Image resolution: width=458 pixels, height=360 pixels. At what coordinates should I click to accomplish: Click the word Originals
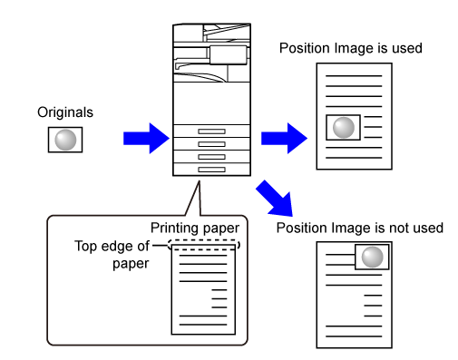click(65, 112)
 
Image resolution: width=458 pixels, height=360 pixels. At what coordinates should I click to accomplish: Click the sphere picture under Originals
click(65, 140)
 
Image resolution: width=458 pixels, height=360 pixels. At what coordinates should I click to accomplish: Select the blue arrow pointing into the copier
click(146, 139)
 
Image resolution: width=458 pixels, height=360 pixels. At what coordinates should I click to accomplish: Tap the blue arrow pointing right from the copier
click(284, 139)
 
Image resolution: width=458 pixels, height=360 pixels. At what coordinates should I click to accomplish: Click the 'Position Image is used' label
click(351, 48)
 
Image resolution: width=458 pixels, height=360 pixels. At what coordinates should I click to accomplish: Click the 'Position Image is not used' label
click(360, 228)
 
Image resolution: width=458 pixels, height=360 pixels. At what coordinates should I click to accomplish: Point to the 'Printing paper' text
click(195, 229)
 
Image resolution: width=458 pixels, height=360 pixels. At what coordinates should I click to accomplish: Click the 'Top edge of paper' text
click(112, 255)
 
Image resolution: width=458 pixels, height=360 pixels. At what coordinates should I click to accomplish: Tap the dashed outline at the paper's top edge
click(204, 240)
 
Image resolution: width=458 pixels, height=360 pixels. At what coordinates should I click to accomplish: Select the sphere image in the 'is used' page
click(343, 127)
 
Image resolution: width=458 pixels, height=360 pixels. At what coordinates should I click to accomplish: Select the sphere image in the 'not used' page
click(372, 257)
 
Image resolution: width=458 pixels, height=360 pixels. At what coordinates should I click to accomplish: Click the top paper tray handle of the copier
click(211, 131)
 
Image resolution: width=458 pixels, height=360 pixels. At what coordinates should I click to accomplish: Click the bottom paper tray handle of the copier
click(211, 170)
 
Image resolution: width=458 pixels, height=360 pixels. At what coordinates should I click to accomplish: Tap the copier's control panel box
click(229, 55)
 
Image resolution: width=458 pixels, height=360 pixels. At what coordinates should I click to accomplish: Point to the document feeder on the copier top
click(228, 33)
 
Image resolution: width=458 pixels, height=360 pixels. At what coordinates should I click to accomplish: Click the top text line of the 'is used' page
click(354, 76)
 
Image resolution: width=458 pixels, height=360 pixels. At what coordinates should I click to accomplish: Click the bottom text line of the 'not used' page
click(354, 336)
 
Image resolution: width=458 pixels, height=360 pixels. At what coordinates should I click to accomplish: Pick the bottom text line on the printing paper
click(203, 325)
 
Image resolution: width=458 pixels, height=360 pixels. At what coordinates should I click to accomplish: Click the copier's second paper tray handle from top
click(211, 144)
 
